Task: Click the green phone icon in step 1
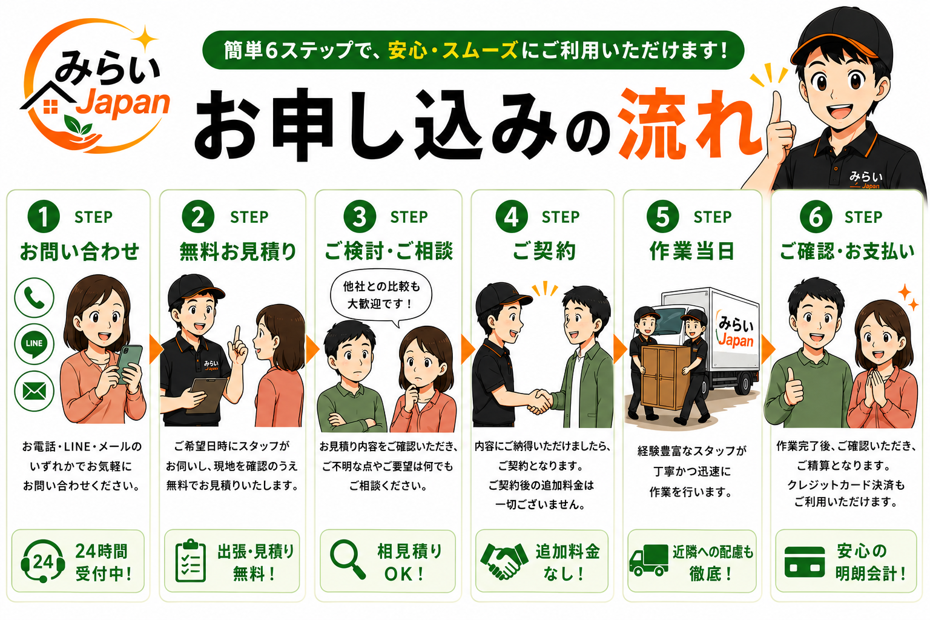34,297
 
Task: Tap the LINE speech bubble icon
34,344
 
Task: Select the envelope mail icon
34,391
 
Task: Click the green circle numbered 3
360,217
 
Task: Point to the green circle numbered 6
816,217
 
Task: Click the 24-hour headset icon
43,561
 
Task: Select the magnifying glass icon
348,560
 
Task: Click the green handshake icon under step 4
504,561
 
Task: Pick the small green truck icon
648,560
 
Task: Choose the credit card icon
805,562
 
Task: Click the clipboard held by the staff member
206,395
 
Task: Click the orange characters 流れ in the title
689,124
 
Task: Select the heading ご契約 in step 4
543,251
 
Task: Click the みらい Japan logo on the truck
736,331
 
